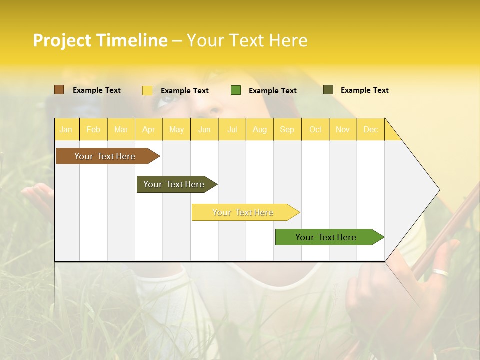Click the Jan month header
click(x=66, y=129)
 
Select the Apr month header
click(x=149, y=129)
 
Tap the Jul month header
click(x=232, y=129)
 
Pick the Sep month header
click(x=287, y=129)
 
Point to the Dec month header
click(x=370, y=129)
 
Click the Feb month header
click(x=93, y=129)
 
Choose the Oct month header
click(x=315, y=129)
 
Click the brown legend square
click(x=59, y=90)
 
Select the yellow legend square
click(x=147, y=90)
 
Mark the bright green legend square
click(x=236, y=90)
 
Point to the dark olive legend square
click(x=328, y=90)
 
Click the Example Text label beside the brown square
click(x=97, y=90)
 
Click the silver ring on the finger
click(x=441, y=273)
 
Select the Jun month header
click(x=204, y=129)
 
